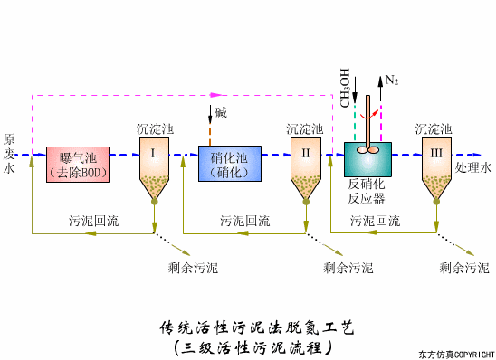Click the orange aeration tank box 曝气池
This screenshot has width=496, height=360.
click(x=77, y=164)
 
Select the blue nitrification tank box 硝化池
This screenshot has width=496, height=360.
click(x=229, y=164)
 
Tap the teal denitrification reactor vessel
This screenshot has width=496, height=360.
click(x=368, y=159)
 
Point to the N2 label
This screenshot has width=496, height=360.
click(x=391, y=81)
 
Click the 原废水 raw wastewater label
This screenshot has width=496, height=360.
click(x=8, y=154)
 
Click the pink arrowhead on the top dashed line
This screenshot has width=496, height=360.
click(x=215, y=93)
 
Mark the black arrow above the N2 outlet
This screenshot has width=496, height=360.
click(x=378, y=81)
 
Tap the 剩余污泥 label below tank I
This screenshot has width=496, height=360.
click(x=193, y=268)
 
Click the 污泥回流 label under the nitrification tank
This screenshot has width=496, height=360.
click(x=244, y=220)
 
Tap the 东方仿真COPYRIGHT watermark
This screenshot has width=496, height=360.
click(x=453, y=354)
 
